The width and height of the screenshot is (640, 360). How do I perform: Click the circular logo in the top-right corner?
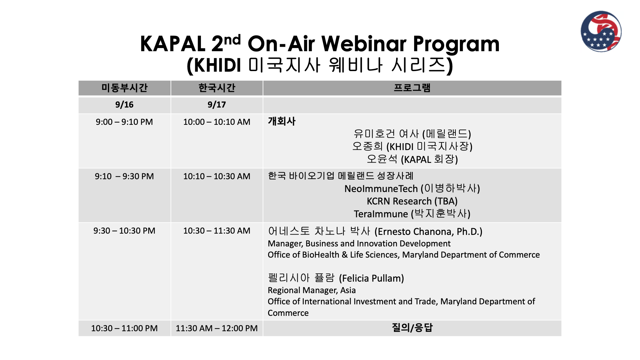pyautogui.click(x=601, y=31)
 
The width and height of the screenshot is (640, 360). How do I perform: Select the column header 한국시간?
pyautogui.click(x=217, y=88)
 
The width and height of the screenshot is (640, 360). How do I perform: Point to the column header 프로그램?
pyautogui.click(x=412, y=88)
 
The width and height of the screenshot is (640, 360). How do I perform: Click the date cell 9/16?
pyautogui.click(x=124, y=105)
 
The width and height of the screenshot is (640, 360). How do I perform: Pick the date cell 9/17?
pyautogui.click(x=217, y=105)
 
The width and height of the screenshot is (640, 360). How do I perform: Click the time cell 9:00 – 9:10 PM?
pyautogui.click(x=124, y=122)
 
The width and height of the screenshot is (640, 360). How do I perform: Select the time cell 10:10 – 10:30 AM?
pyautogui.click(x=217, y=176)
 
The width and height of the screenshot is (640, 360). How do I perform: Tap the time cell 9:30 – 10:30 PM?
pyautogui.click(x=124, y=231)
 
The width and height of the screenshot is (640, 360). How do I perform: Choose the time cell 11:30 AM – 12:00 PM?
pyautogui.click(x=217, y=328)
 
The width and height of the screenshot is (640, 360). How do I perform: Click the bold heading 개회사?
pyautogui.click(x=282, y=121)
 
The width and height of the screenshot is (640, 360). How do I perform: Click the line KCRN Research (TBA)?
pyautogui.click(x=412, y=201)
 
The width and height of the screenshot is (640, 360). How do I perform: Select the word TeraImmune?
pyautogui.click(x=381, y=214)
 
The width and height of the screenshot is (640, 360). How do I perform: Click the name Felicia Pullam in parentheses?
pyautogui.click(x=372, y=278)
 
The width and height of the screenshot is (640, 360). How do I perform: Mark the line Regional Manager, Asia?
pyautogui.click(x=312, y=290)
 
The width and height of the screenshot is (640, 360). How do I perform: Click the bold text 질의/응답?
pyautogui.click(x=412, y=328)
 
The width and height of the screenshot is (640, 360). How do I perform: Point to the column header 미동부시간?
pyautogui.click(x=124, y=88)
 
